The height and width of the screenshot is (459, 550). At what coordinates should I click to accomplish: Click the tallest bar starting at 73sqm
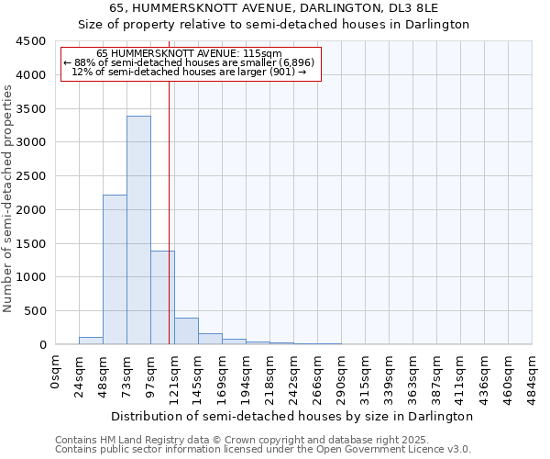(x=138, y=229)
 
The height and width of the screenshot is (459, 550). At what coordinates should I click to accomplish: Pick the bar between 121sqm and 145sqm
(x=186, y=331)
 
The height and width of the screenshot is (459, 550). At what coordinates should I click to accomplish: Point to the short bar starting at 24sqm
(x=91, y=341)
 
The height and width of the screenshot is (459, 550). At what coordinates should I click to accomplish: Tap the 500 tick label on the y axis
(x=36, y=311)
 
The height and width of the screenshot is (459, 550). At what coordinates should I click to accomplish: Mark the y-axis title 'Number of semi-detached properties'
(x=8, y=194)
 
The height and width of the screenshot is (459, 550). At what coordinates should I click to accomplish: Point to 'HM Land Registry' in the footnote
(x=131, y=440)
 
